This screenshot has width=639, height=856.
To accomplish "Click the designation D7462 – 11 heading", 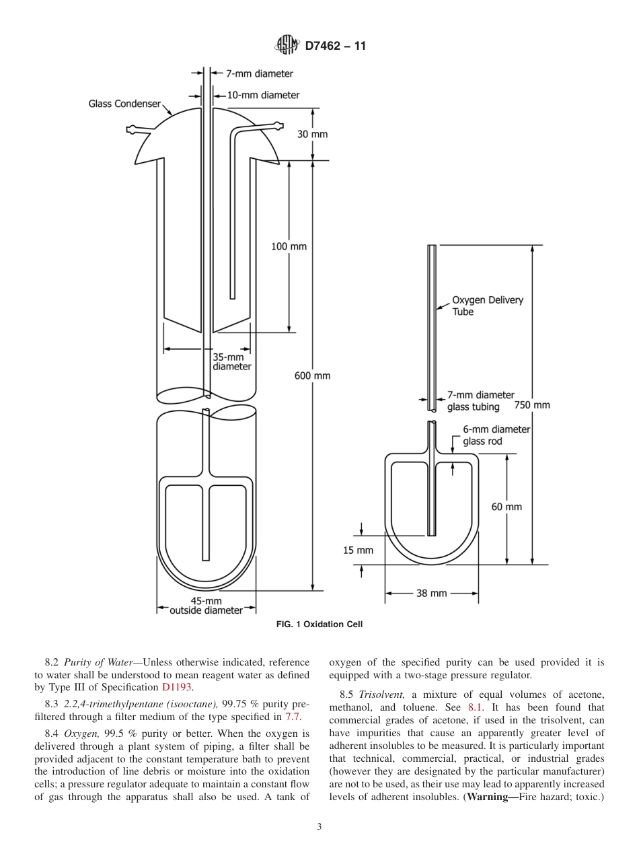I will pyautogui.click(x=335, y=46).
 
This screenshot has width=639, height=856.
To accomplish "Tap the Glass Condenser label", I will pyautogui.click(x=124, y=104).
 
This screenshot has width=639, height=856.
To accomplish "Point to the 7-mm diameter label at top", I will pyautogui.click(x=259, y=74).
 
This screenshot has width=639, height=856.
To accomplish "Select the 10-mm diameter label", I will pyautogui.click(x=263, y=95).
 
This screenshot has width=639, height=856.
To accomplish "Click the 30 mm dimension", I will pyautogui.click(x=312, y=134).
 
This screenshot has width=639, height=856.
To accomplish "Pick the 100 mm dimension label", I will pyautogui.click(x=289, y=246).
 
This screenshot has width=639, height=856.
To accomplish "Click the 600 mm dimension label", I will pyautogui.click(x=312, y=376).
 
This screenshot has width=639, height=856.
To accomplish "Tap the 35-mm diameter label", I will pyautogui.click(x=231, y=362).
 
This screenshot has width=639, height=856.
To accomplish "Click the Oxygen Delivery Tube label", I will pyautogui.click(x=487, y=306).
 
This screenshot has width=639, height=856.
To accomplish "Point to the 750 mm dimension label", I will pyautogui.click(x=531, y=405).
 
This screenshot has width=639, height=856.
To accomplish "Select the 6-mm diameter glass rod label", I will pyautogui.click(x=496, y=435).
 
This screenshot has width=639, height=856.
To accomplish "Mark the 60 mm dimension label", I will pyautogui.click(x=506, y=507).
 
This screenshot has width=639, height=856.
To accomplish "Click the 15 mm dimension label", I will pyautogui.click(x=358, y=550).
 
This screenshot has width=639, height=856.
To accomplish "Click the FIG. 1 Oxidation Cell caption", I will pyautogui.click(x=319, y=625).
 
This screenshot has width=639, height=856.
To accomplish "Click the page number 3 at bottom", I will pyautogui.click(x=319, y=826).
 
